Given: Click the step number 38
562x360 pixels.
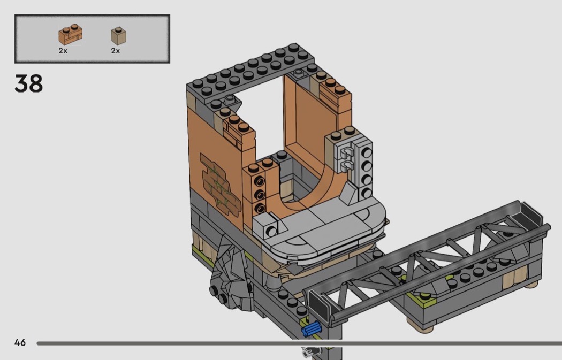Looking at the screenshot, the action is (29, 83).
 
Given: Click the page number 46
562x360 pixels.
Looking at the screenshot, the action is (20, 342).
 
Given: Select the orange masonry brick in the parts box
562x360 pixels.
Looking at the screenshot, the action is (71, 34).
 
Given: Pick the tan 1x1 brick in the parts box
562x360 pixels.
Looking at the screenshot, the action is (118, 36).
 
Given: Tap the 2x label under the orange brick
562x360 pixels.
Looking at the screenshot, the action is (63, 51).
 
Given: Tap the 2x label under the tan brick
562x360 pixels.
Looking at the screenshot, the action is (116, 51).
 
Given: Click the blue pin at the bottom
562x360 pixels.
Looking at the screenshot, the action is (312, 329).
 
